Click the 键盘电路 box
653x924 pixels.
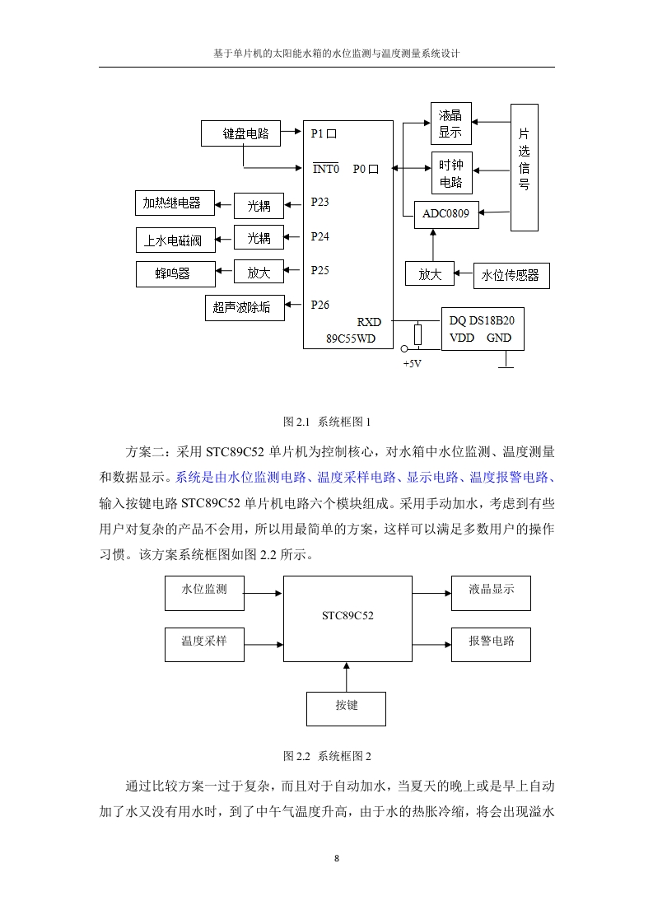(240, 133)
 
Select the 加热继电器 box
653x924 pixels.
(175, 203)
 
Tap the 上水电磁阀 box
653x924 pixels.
(175, 240)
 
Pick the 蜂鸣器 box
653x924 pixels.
(175, 274)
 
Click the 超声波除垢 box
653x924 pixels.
(245, 308)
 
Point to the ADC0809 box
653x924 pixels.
(446, 214)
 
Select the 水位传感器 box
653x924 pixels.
(511, 275)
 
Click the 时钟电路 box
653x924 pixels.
(451, 173)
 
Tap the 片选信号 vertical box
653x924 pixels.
(524, 167)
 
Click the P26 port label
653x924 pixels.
(320, 305)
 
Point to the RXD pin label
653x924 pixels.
(369, 322)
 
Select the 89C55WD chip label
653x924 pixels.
(351, 338)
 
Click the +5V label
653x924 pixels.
(412, 364)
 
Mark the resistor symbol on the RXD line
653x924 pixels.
(417, 334)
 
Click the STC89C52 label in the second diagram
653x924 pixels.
(347, 616)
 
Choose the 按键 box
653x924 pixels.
(346, 709)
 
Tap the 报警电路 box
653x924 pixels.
(491, 644)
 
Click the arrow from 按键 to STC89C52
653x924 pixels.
(346, 677)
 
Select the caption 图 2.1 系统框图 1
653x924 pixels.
(326, 422)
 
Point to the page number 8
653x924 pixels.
(337, 859)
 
